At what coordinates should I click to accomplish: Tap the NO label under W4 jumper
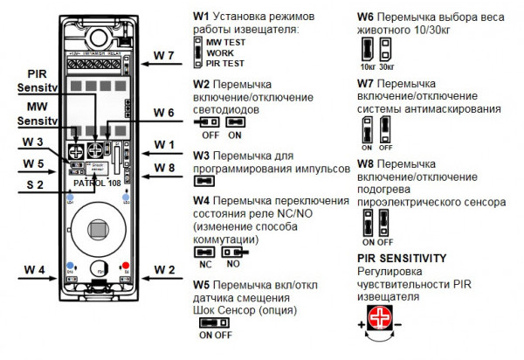[x=232, y=261]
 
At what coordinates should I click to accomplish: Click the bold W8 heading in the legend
[x=368, y=163]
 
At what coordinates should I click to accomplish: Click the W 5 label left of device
[x=34, y=163]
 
